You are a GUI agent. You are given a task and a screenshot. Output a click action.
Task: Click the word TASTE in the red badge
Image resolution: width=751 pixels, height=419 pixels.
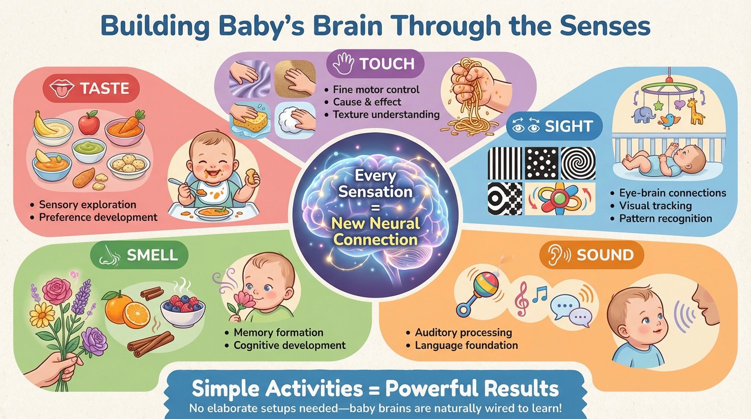[104, 89]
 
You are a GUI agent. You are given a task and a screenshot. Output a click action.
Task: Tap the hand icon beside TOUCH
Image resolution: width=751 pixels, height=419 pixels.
[344, 64]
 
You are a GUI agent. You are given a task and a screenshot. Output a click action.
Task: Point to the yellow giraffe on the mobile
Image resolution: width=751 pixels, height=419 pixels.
[693, 111]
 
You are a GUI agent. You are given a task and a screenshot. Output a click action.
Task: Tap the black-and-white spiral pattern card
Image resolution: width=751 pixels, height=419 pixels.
[578, 163]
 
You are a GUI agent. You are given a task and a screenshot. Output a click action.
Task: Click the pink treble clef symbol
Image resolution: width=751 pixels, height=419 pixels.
[522, 298]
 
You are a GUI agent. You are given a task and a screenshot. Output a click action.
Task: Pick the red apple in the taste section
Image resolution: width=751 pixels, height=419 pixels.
[89, 122]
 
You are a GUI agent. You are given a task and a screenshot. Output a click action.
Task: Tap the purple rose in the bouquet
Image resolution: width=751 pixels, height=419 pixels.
[95, 340]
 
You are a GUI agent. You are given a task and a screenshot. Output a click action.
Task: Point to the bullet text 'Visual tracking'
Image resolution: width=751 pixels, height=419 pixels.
[655, 206]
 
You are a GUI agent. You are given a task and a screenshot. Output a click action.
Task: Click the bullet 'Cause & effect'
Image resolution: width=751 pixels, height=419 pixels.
[367, 102]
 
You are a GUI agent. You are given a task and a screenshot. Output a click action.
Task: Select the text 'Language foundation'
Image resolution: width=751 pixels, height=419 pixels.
[466, 345]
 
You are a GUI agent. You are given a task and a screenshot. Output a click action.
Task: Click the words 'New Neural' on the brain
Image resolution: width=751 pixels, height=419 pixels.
[375, 223]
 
